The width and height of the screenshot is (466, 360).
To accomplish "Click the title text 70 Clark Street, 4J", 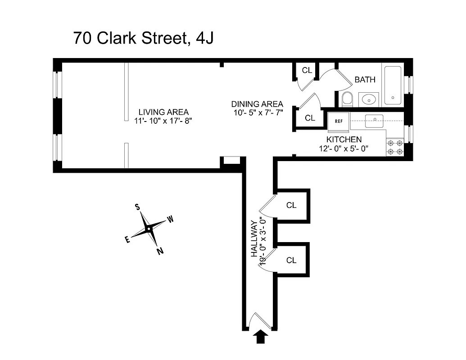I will pos(143,38).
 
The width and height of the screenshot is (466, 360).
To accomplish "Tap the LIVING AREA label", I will pos(163,112).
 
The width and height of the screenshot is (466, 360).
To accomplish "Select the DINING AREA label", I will pos(257,104).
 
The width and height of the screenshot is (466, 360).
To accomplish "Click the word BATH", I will pos(365,80).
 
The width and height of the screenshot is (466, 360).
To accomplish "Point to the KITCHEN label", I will pos(344,139).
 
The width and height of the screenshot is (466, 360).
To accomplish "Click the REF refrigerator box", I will pos(338,121).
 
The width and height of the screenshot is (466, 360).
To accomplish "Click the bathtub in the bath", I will pos(394,85).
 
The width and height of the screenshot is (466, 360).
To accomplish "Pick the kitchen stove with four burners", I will pos(395,147).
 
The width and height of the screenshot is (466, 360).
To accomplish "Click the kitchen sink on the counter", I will pos(374,119).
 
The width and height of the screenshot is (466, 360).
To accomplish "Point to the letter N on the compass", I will pos(160,252).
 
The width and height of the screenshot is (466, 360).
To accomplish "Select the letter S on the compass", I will pos(137,207).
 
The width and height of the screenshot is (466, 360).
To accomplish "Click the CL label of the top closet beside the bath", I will pos(307,70).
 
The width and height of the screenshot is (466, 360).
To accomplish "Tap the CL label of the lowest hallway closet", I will pos(291,260).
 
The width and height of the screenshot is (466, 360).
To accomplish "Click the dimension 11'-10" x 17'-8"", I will pos(163,121).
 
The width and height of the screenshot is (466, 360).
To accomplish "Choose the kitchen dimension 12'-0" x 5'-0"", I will pos(344,148).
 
